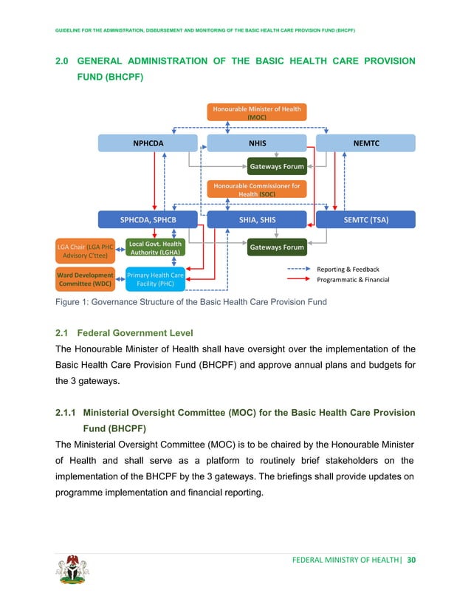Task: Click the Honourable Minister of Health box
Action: coord(257,112)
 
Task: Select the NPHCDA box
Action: coord(148,143)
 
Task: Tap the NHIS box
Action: coord(257,143)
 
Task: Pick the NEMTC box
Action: coord(365,143)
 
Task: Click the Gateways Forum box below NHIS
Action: coord(276,167)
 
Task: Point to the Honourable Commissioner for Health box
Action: coord(257,189)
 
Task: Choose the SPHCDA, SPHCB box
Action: coord(148,219)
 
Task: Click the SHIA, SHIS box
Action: coord(257,219)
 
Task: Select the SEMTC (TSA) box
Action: coord(365,219)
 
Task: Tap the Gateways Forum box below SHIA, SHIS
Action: coord(276,247)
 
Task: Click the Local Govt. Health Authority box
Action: coord(154,247)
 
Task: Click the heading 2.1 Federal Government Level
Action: coord(139,332)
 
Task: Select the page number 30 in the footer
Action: coord(411,560)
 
